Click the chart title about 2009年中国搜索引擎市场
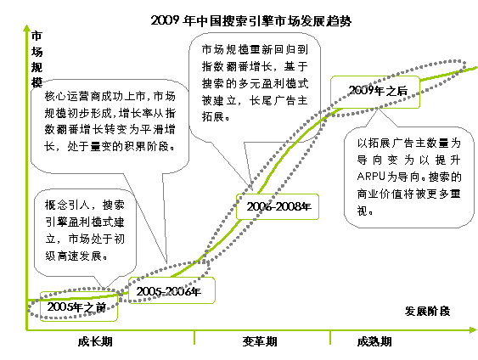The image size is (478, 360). point(251,20)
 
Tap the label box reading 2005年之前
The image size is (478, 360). point(79,307)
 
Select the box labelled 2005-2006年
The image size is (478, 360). point(172,290)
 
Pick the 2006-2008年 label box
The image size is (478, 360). point(278,206)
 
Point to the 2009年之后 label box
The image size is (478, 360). point(375,92)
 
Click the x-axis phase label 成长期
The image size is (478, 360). point(95,341)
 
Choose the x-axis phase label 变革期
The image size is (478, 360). point(260,341)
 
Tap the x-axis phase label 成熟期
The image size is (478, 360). point(374,341)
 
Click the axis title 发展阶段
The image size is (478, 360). point(427,312)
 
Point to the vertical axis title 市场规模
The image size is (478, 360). point(37,59)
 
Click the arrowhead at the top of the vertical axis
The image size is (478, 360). point(27,28)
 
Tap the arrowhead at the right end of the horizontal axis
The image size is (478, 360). point(473,330)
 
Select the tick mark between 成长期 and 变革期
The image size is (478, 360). point(194,338)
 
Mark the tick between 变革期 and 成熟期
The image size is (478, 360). point(330,338)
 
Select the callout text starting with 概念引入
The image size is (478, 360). point(85,230)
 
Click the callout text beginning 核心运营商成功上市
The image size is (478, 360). point(110,121)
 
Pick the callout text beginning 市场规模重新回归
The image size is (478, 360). point(255,83)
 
